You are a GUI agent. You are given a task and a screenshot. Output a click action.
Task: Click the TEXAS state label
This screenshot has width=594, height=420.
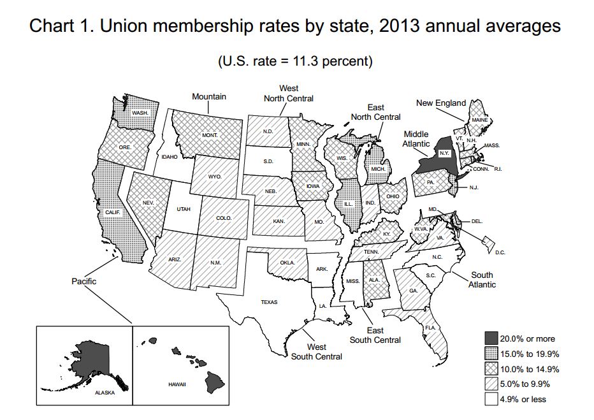(269, 302)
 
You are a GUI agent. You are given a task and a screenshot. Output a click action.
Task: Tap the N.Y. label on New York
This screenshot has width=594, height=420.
(445, 154)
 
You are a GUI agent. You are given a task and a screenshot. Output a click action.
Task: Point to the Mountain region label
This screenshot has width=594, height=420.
(210, 97)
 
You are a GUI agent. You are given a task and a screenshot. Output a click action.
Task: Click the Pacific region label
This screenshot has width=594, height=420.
(83, 280)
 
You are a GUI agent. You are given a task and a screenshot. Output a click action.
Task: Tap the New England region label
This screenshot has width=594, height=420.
(441, 103)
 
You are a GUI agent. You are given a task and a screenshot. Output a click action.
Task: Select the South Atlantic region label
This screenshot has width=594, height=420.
(482, 280)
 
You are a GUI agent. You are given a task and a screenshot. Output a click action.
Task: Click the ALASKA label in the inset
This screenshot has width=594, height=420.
(105, 393)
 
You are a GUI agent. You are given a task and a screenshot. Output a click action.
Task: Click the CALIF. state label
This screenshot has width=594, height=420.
(113, 212)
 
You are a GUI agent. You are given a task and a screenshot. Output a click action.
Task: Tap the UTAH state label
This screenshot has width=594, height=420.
(183, 209)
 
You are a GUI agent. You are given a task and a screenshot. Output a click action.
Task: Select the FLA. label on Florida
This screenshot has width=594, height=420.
(430, 327)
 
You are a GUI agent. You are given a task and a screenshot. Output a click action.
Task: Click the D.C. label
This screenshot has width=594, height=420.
(500, 253)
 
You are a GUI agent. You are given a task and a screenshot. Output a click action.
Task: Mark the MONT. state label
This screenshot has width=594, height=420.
(210, 136)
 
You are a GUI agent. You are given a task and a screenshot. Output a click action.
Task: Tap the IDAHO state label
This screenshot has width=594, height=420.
(169, 156)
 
